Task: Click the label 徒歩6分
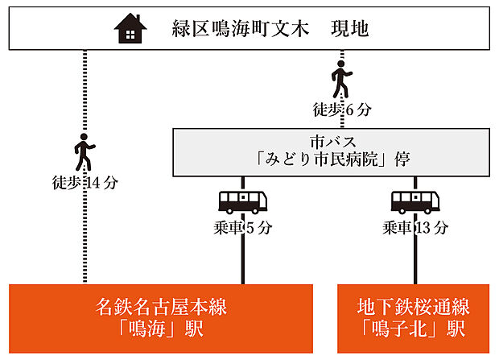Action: coord(341,107)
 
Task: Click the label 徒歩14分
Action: coord(84,183)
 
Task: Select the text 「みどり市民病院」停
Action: coord(332,159)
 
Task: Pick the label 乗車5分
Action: coord(242,228)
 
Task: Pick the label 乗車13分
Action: coord(415,228)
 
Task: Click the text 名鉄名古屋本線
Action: coord(161,307)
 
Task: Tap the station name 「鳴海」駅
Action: coord(161,330)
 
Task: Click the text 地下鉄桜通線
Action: coord(414,307)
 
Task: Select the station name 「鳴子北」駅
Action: coord(414,330)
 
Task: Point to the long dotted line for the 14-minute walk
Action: coord(84,242)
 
